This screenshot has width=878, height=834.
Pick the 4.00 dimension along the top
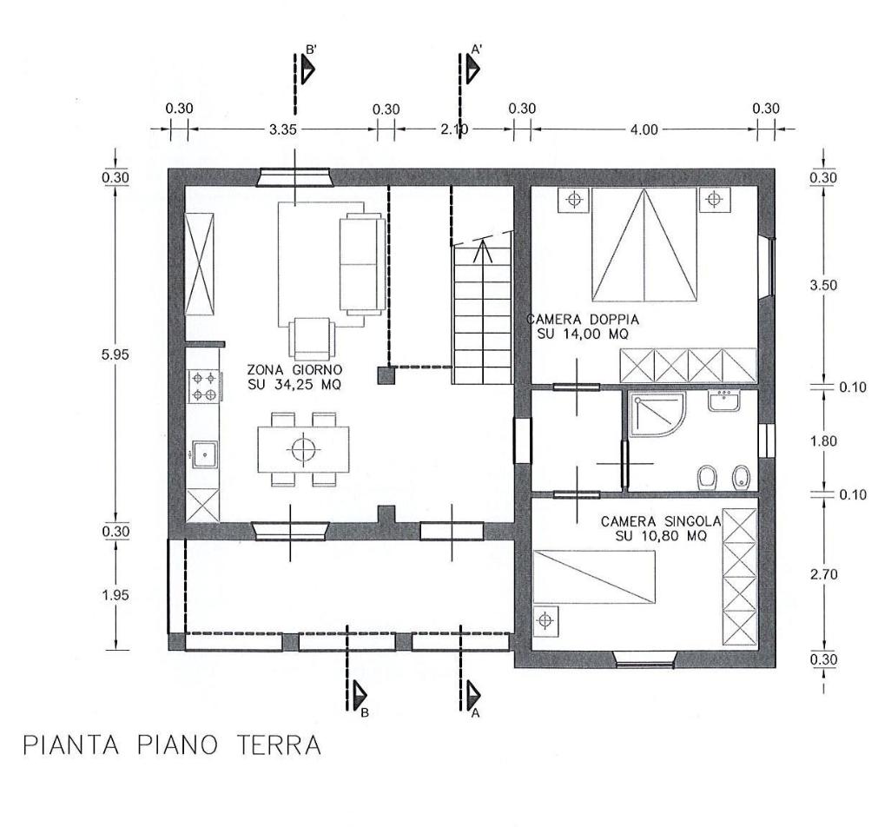[644, 129]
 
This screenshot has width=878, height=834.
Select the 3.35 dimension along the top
[283, 129]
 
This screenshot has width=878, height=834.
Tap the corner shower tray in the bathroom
[656, 415]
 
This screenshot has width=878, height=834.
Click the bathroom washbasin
[723, 401]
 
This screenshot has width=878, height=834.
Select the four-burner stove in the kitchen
[203, 387]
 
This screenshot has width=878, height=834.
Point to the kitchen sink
[203, 453]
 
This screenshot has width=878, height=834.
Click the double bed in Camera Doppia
[644, 244]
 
